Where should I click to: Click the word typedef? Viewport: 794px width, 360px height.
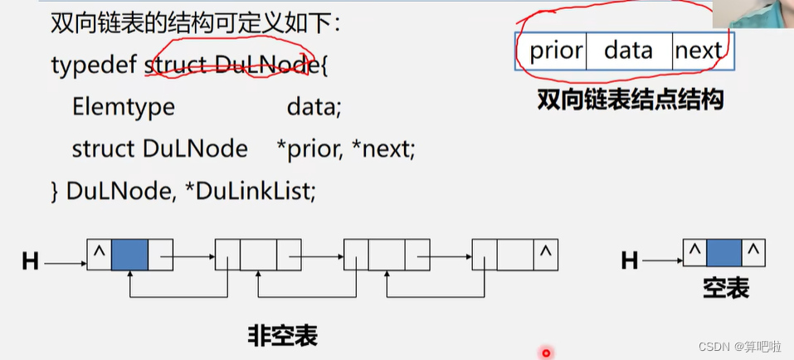[94, 64]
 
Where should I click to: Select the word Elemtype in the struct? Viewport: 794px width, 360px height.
[123, 106]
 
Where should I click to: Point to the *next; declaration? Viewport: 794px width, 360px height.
[385, 149]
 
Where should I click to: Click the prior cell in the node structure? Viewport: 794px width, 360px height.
[555, 51]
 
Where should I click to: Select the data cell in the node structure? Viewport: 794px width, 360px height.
[628, 51]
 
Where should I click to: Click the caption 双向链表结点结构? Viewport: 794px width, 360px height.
[631, 101]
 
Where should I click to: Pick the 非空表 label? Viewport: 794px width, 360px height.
[282, 335]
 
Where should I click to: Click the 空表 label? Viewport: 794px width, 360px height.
[726, 289]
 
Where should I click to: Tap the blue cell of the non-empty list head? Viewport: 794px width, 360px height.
[129, 255]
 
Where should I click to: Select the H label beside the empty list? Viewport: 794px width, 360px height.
[630, 261]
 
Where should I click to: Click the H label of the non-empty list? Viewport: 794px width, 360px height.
[31, 262]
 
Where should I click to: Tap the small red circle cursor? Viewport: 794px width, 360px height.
[546, 353]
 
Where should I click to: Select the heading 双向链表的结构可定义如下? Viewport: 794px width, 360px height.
[195, 23]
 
